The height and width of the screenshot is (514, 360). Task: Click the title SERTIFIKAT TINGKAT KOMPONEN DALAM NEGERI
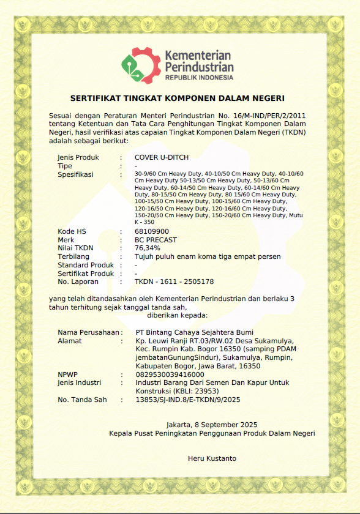click(178, 98)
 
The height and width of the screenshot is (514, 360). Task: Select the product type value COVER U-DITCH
click(162, 157)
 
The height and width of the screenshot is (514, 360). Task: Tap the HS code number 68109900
click(152, 231)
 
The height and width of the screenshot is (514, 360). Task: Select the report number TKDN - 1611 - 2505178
click(174, 282)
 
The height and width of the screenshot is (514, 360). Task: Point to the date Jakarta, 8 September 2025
click(212, 425)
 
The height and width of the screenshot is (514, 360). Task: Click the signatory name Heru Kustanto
click(212, 458)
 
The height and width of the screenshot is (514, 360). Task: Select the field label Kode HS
click(72, 231)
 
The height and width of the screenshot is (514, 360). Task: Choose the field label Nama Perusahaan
click(88, 332)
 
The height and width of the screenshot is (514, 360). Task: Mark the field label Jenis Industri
click(80, 382)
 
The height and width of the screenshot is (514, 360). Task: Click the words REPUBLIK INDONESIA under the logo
click(199, 78)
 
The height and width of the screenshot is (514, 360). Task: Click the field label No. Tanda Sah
click(82, 400)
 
